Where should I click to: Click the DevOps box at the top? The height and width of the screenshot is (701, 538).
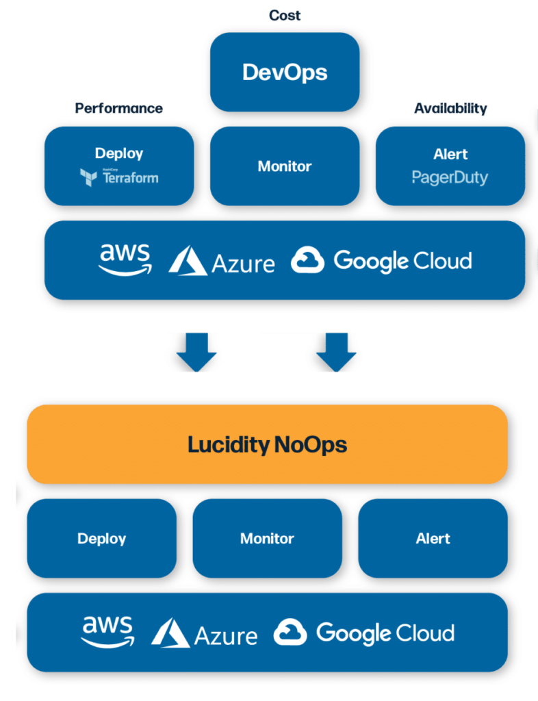point(284,72)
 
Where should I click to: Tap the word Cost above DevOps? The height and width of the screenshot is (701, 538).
point(284,15)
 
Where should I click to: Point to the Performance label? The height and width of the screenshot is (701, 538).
point(118,108)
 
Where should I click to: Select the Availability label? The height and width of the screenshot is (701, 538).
point(450,108)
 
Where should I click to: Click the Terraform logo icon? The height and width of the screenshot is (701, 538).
point(88,178)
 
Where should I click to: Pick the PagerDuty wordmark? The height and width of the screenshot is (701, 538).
point(450,178)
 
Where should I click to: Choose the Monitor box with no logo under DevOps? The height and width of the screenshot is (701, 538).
point(284,166)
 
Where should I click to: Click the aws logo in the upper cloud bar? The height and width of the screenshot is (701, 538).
point(125,259)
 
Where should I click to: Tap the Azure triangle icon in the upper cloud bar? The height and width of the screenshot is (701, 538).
point(188,261)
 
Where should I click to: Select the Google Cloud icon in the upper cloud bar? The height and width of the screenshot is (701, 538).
point(307,261)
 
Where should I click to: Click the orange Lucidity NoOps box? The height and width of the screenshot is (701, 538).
point(267,444)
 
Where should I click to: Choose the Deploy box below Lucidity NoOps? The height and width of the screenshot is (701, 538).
point(101,538)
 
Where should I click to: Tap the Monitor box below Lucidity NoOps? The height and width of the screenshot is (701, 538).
point(267,538)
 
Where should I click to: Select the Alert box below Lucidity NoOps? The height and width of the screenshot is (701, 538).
point(433,538)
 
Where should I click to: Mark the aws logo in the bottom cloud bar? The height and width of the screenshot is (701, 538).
point(107,632)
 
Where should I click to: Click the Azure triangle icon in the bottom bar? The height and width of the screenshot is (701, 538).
point(170,633)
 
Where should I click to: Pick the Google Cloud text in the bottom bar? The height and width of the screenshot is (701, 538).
point(385,633)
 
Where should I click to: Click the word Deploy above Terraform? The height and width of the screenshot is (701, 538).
point(119,153)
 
